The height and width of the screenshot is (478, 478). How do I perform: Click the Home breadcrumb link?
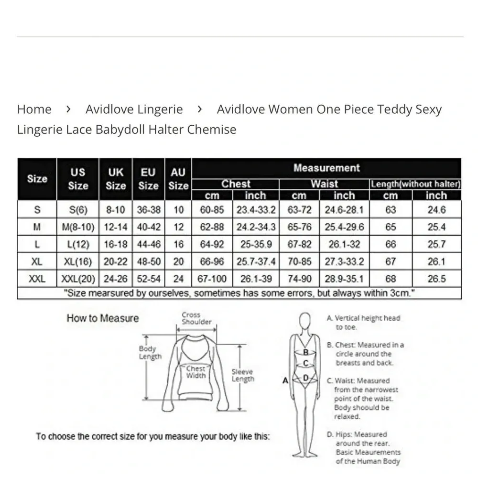[x=34, y=109]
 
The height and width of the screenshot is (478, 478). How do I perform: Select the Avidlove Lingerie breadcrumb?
[x=134, y=109]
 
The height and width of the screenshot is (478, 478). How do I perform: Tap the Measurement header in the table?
[x=326, y=168]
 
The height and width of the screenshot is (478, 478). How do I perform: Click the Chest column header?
[x=236, y=184]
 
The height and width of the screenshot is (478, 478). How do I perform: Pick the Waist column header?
[x=324, y=184]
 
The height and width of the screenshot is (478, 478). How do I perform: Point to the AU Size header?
[x=178, y=179]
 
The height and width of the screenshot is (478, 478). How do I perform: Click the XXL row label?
[x=37, y=279]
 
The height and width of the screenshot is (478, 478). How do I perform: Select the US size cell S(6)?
[x=77, y=210]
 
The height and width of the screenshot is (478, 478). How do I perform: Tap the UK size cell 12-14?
[x=116, y=227]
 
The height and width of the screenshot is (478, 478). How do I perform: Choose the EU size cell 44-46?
[x=149, y=244]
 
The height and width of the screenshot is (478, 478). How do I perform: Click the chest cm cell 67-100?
[x=212, y=279]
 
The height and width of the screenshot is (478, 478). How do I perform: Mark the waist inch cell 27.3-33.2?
[x=344, y=261]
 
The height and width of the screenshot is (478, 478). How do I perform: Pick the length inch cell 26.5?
[x=436, y=279]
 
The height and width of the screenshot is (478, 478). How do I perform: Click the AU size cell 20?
[x=178, y=261]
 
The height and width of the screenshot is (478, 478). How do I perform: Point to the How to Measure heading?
[x=102, y=318]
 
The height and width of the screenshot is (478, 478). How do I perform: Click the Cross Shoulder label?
[x=196, y=318]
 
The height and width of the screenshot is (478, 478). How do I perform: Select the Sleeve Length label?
[x=243, y=375]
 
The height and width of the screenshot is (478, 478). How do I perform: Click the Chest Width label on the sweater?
[x=196, y=372]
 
